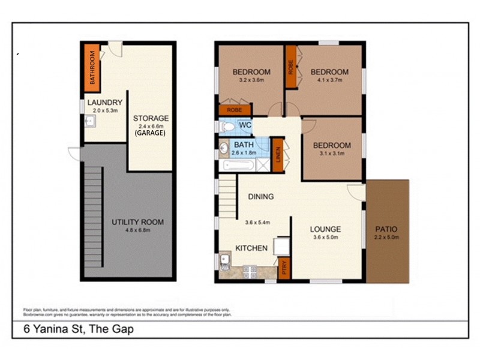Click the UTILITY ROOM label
137,222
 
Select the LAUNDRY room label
104,103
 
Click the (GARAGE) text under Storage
151,136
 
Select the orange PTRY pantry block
283,268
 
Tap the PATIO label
386,229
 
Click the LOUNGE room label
325,229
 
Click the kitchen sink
224,260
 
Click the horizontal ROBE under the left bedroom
235,110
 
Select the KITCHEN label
251,248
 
